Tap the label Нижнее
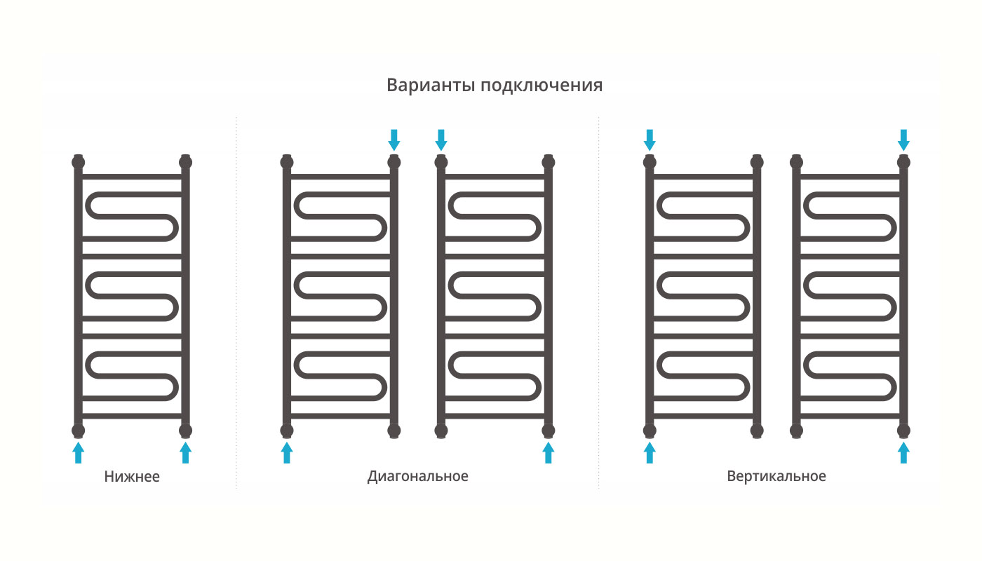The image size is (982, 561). pyautogui.click(x=132, y=478)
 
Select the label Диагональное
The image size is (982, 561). pyautogui.click(x=417, y=477)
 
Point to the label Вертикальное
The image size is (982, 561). pyautogui.click(x=776, y=477)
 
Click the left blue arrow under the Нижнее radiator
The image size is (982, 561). pyautogui.click(x=78, y=452)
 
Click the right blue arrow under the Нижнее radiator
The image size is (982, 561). pyautogui.click(x=185, y=452)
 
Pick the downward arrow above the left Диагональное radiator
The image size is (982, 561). pyautogui.click(x=394, y=140)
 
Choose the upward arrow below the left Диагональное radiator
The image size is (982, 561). pyautogui.click(x=287, y=452)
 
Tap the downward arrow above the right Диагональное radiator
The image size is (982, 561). pyautogui.click(x=441, y=140)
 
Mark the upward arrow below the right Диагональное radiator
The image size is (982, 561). pyautogui.click(x=549, y=452)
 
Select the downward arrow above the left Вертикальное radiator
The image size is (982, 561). pyautogui.click(x=650, y=140)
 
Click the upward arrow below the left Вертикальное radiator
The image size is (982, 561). pyautogui.click(x=650, y=452)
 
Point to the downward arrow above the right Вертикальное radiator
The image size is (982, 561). pyautogui.click(x=903, y=140)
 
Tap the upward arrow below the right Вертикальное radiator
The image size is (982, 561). pyautogui.click(x=903, y=452)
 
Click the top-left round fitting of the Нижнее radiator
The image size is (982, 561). pyautogui.click(x=78, y=163)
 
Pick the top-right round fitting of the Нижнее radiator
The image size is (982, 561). pyautogui.click(x=185, y=163)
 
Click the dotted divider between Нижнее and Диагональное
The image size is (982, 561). pyautogui.click(x=236, y=302)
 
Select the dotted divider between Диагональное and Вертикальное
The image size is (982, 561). pyautogui.click(x=598, y=302)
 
